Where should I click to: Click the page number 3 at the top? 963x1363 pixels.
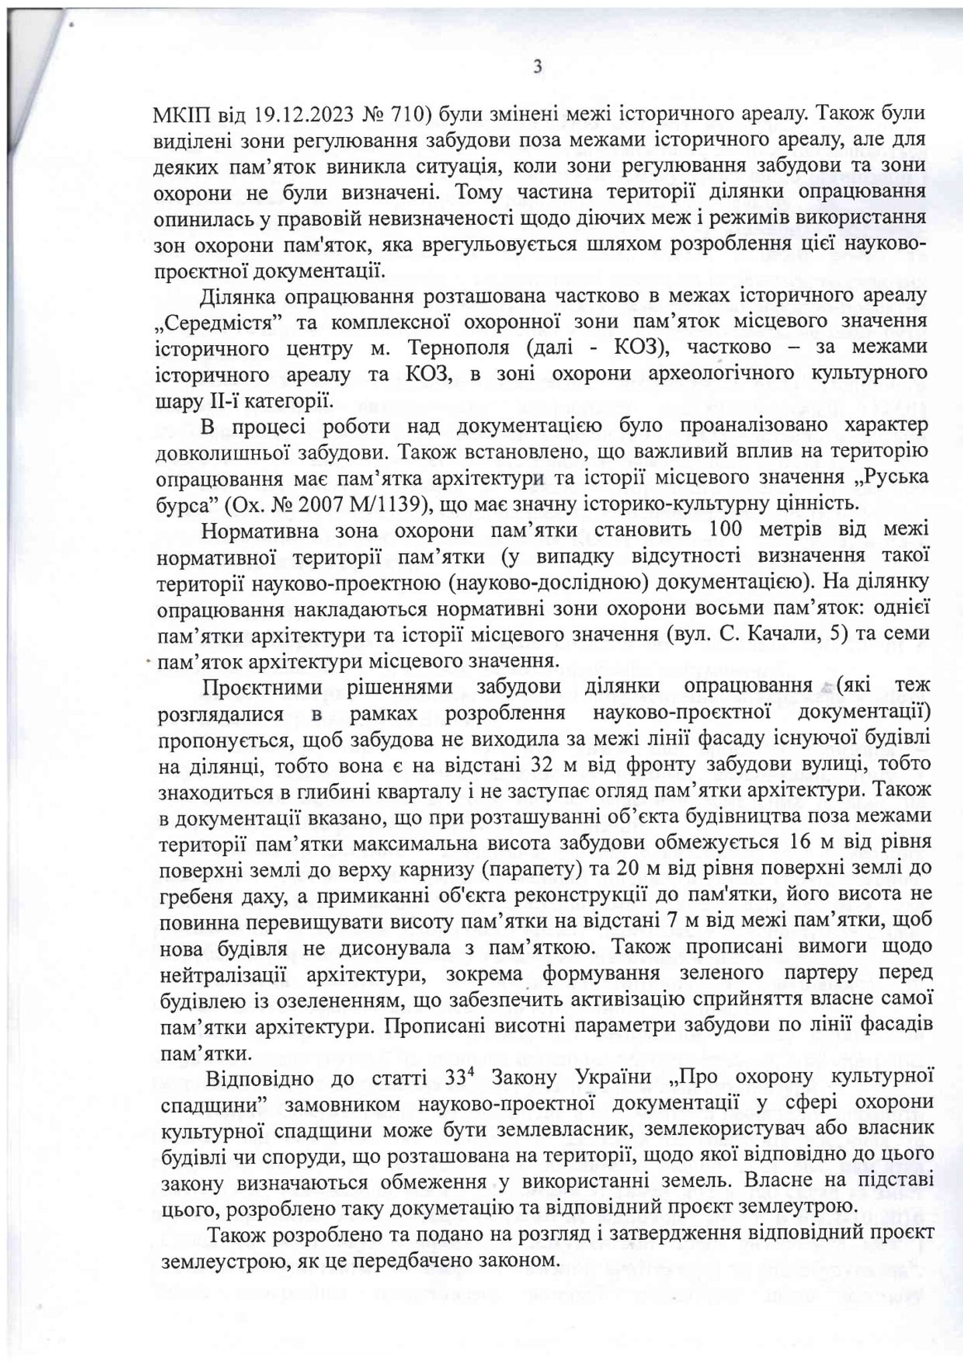[x=537, y=67]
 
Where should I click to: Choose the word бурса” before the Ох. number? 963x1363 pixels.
[x=184, y=503]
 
